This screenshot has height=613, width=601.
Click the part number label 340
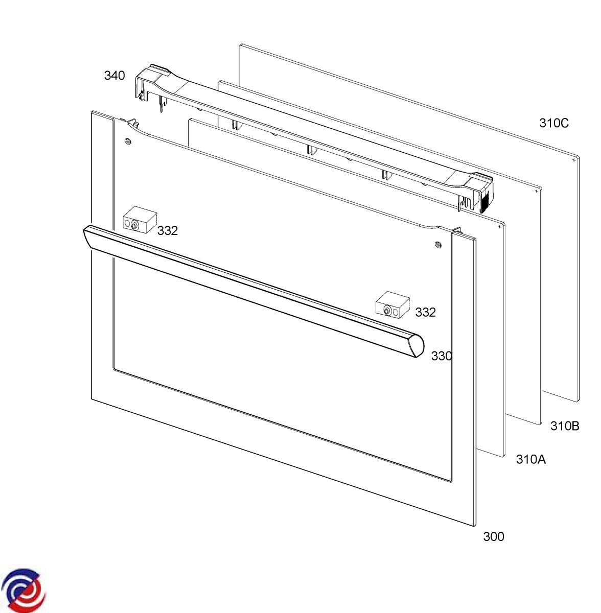pos(114,76)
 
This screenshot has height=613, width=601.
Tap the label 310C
pos(553,123)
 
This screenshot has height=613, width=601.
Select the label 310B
pos(565,426)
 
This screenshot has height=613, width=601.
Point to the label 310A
pos(530,459)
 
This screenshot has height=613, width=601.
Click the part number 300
pos(493,536)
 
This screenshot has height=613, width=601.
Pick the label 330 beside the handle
pos(441,356)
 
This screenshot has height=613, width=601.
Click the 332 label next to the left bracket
pos(167,230)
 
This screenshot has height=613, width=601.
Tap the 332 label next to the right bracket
pos(425,312)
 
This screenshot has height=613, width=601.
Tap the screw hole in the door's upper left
pos(128,141)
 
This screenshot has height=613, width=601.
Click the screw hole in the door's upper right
pos(437,245)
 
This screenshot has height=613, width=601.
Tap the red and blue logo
pos(23,590)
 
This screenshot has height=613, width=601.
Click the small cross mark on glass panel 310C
pos(573,160)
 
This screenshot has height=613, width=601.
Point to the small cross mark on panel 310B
pos(536,191)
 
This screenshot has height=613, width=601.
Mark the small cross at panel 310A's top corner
pos(498,225)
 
